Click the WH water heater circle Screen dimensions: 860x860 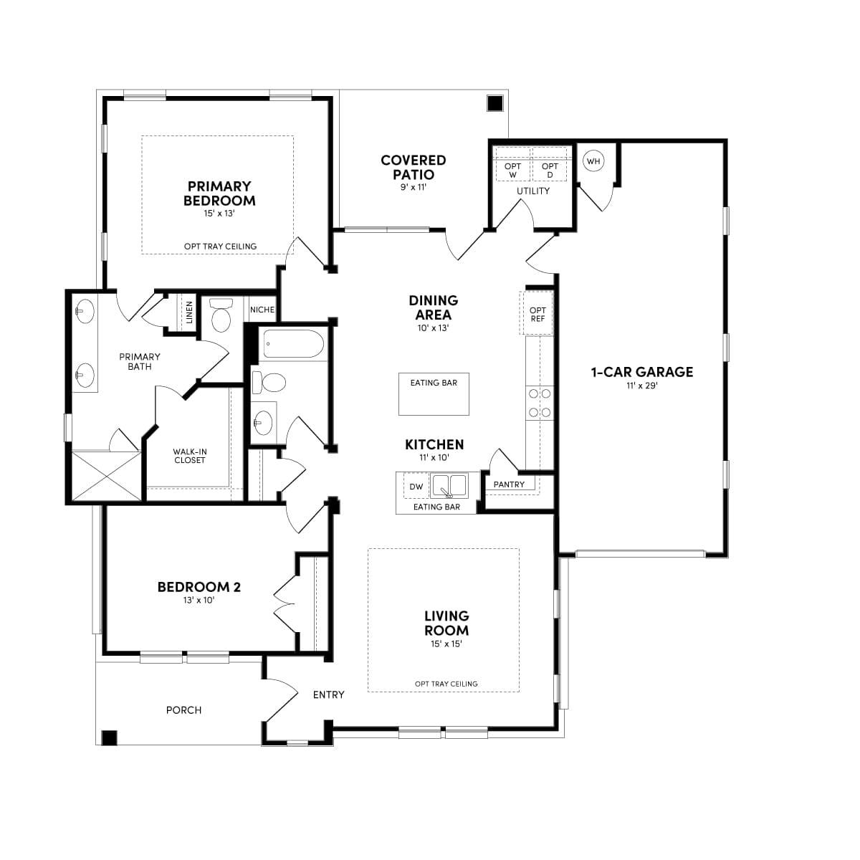(593, 161)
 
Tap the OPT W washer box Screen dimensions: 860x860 (512, 170)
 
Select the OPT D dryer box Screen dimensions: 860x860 (550, 170)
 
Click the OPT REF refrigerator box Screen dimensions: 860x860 (537, 314)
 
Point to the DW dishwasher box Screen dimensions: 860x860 (416, 487)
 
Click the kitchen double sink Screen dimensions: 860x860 (448, 486)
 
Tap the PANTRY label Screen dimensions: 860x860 (509, 484)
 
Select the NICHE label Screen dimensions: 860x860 (262, 310)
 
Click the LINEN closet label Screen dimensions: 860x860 (189, 312)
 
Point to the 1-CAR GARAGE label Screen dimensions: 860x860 (641, 372)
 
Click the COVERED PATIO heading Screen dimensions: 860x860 (413, 167)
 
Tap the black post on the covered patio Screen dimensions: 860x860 (494, 103)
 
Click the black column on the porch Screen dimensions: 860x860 (109, 737)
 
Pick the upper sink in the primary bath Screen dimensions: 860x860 (85, 310)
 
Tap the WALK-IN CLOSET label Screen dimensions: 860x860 (190, 456)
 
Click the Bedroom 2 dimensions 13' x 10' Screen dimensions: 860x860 (199, 601)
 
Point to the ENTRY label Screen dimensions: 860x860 (328, 694)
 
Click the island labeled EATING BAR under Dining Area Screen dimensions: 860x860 (434, 393)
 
